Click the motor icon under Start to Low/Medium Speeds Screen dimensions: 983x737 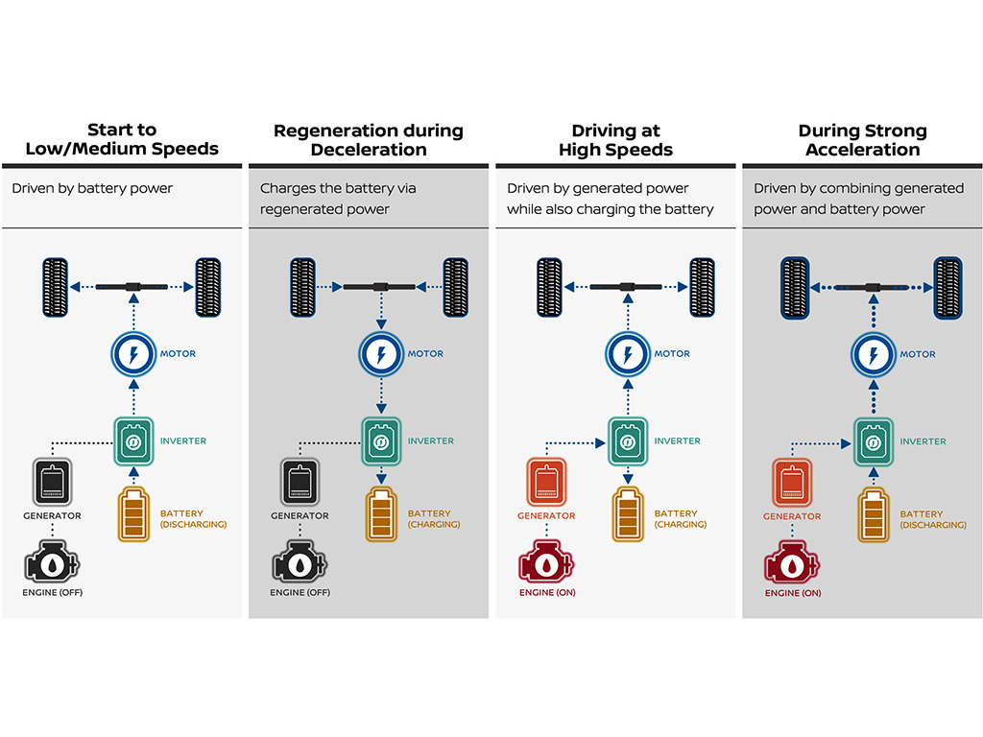click(132, 354)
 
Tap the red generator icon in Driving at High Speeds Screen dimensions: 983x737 click(546, 482)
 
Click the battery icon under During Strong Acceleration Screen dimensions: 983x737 click(874, 515)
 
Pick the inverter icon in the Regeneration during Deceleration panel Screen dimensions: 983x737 click(380, 441)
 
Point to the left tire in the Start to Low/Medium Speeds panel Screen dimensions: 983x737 click(55, 287)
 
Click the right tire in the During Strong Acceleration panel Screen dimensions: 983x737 click(947, 288)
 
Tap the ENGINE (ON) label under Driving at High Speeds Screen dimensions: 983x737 click(547, 592)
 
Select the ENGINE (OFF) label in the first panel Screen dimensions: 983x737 click(53, 592)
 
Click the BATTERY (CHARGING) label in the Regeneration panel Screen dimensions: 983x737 click(434, 519)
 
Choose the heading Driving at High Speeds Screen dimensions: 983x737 click(615, 140)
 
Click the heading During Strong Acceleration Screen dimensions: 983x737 click(863, 140)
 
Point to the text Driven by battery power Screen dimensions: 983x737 click(92, 188)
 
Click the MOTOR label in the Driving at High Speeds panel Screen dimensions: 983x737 click(672, 354)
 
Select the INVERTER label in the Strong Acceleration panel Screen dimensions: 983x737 click(923, 441)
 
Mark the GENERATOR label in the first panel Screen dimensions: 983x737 click(52, 515)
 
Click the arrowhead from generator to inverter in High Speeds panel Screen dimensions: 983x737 click(600, 443)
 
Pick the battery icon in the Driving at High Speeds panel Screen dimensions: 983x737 click(628, 514)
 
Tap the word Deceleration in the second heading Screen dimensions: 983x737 click(369, 150)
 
